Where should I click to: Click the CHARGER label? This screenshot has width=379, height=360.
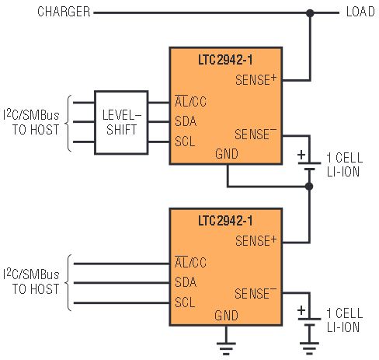click(64, 12)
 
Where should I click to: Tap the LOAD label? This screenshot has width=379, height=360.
click(360, 12)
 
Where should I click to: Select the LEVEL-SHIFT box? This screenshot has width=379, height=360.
click(121, 123)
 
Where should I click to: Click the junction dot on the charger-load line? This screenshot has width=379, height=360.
click(310, 12)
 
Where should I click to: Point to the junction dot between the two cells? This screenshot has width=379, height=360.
click(309, 186)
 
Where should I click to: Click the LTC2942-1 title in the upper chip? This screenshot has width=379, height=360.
click(225, 60)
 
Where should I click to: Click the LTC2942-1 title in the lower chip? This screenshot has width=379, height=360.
click(225, 221)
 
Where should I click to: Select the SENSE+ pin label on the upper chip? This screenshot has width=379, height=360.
click(256, 80)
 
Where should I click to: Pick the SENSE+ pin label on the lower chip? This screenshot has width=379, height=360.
click(256, 240)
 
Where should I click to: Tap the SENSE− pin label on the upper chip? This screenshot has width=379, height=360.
click(256, 135)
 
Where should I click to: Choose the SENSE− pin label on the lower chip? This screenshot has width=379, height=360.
click(256, 293)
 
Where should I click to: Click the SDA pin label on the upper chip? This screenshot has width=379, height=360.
click(186, 121)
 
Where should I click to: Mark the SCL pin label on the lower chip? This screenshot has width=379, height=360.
click(185, 302)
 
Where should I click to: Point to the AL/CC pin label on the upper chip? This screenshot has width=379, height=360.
click(190, 101)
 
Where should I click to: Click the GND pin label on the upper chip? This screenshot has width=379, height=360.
click(227, 154)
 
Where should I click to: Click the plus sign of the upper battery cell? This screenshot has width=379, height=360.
click(301, 155)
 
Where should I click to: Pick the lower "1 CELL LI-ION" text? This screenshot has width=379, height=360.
click(345, 320)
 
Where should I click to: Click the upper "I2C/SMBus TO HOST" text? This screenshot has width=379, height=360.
click(31, 122)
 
